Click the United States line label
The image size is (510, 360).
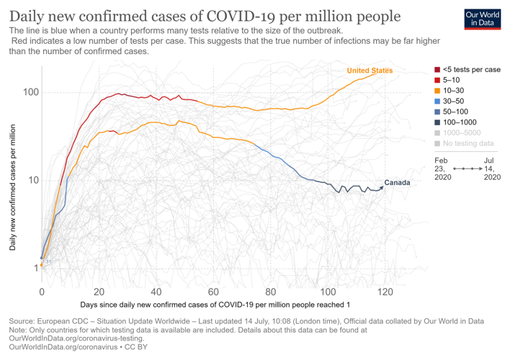pyautogui.click(x=370, y=71)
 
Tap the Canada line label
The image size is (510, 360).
pyautogui.click(x=397, y=183)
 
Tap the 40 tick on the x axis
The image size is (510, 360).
pyautogui.click(x=156, y=292)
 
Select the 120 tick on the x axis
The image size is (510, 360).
pyautogui.click(x=385, y=292)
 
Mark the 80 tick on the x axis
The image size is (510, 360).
pyautogui.click(x=271, y=292)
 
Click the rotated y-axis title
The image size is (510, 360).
pyautogui.click(x=12, y=187)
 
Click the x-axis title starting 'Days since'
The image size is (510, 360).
pyautogui.click(x=214, y=306)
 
